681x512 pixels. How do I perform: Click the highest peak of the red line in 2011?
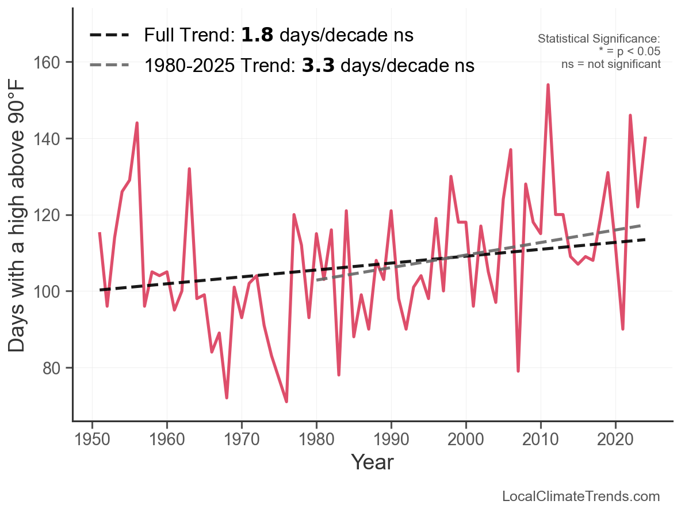548,85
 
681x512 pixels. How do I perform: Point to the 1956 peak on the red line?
137,123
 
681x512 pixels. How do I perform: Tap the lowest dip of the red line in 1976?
286,401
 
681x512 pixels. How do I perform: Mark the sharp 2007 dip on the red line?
518,371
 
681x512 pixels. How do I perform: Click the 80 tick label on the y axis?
55,368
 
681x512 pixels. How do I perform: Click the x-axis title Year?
372,462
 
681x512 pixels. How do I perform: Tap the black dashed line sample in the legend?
111,36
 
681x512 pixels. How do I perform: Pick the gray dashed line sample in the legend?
111,66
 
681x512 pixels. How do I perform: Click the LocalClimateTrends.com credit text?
581,496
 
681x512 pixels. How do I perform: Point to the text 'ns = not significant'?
611,64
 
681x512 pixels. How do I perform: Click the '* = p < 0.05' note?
629,51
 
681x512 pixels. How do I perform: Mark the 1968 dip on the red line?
227,397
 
